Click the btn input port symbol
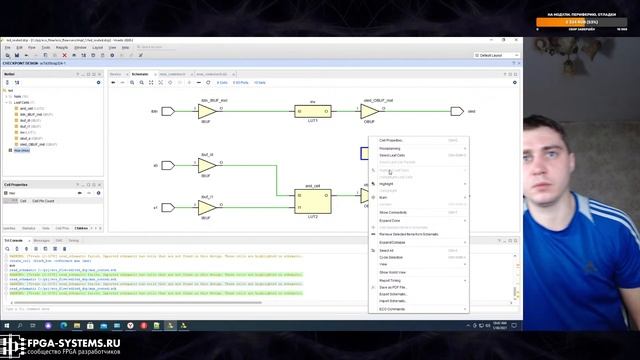[x=168, y=111]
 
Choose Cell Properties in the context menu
[x=392, y=141]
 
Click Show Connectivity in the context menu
[x=394, y=212]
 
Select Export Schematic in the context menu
[x=395, y=295]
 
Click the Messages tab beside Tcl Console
[x=42, y=241]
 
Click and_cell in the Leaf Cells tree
[x=27, y=107]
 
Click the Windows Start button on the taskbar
[x=7, y=325]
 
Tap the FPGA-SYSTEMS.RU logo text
[x=62, y=343]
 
